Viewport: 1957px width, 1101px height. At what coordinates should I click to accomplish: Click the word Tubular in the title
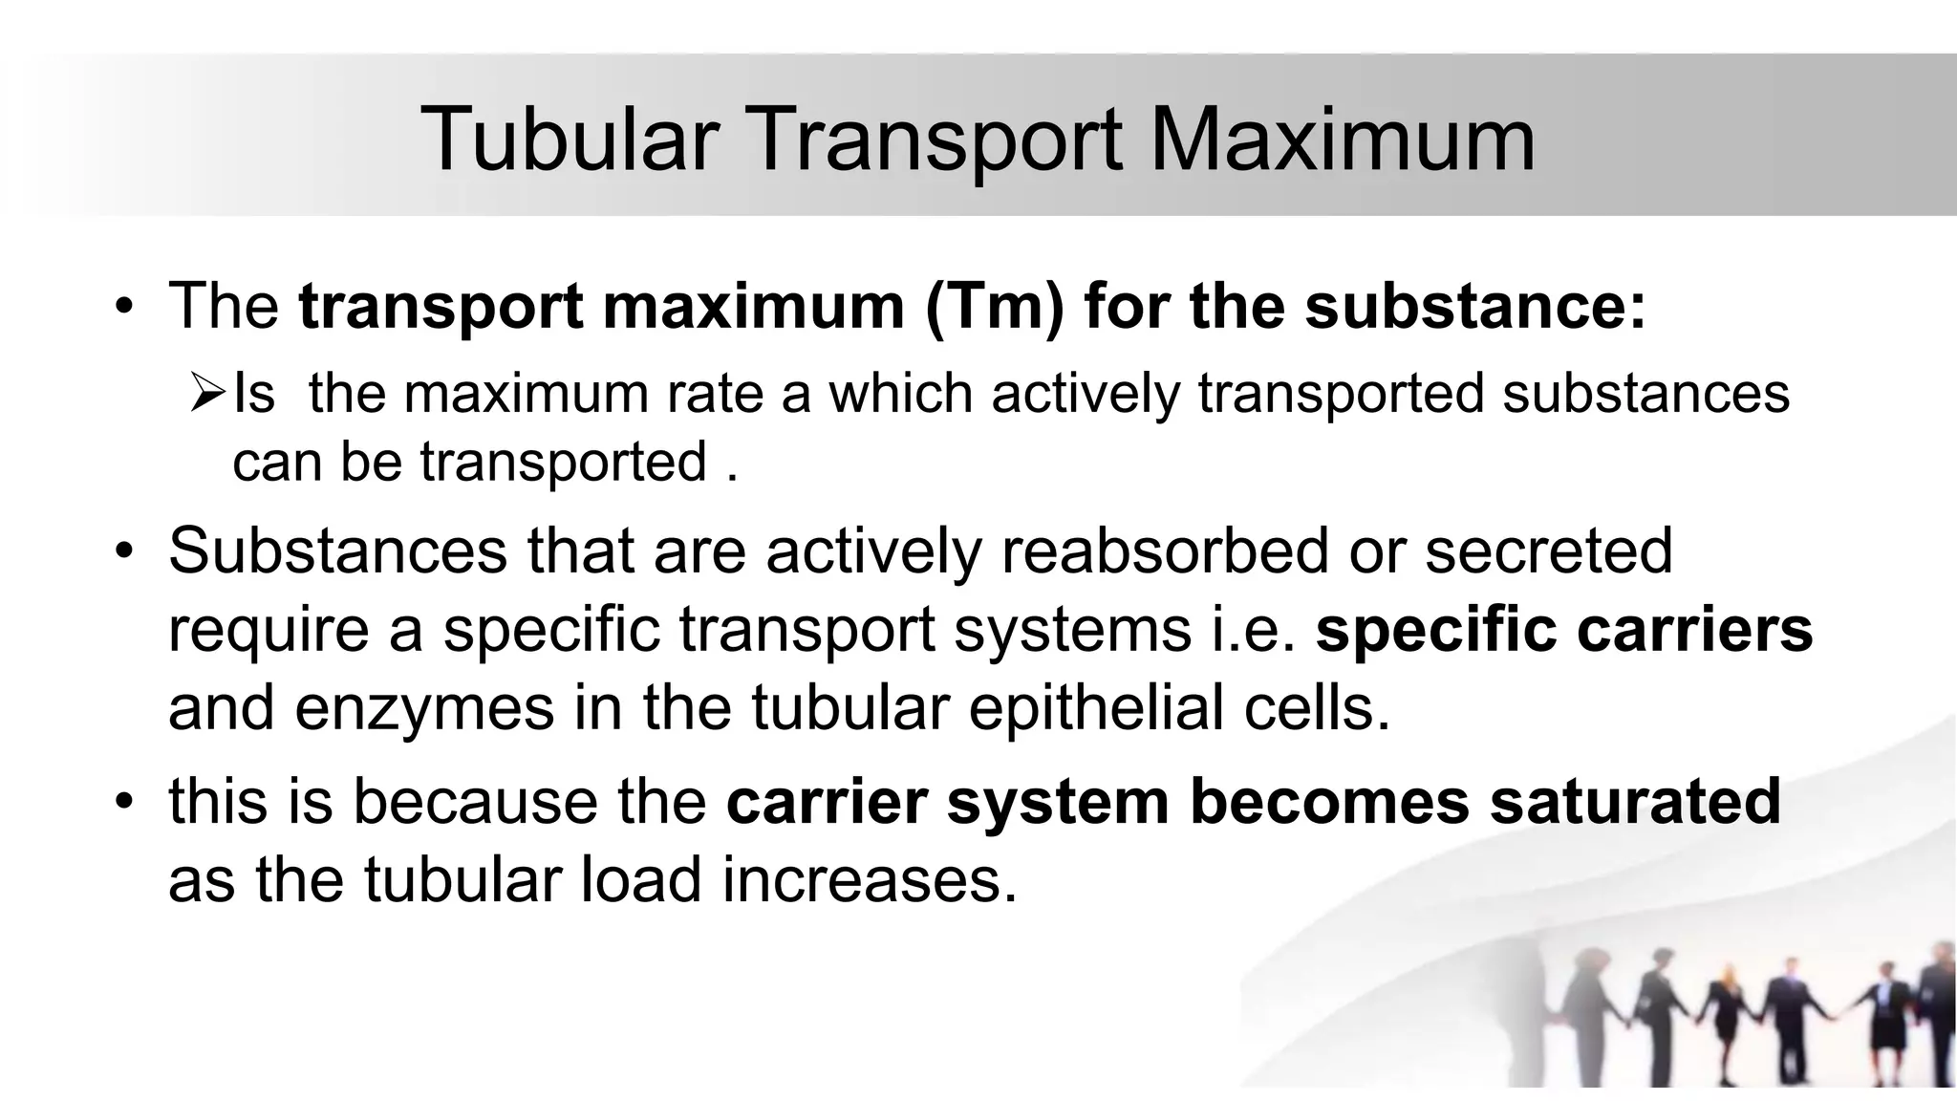point(570,140)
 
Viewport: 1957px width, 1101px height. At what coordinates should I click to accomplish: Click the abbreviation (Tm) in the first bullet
point(994,308)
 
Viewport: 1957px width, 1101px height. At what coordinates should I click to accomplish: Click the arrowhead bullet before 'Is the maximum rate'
point(205,393)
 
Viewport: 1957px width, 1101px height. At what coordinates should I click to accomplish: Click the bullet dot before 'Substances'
point(123,551)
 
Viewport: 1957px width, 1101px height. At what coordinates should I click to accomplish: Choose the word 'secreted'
point(1549,551)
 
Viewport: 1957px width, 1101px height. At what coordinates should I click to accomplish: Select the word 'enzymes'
point(424,708)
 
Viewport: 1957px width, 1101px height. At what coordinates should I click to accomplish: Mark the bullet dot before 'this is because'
point(123,801)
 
